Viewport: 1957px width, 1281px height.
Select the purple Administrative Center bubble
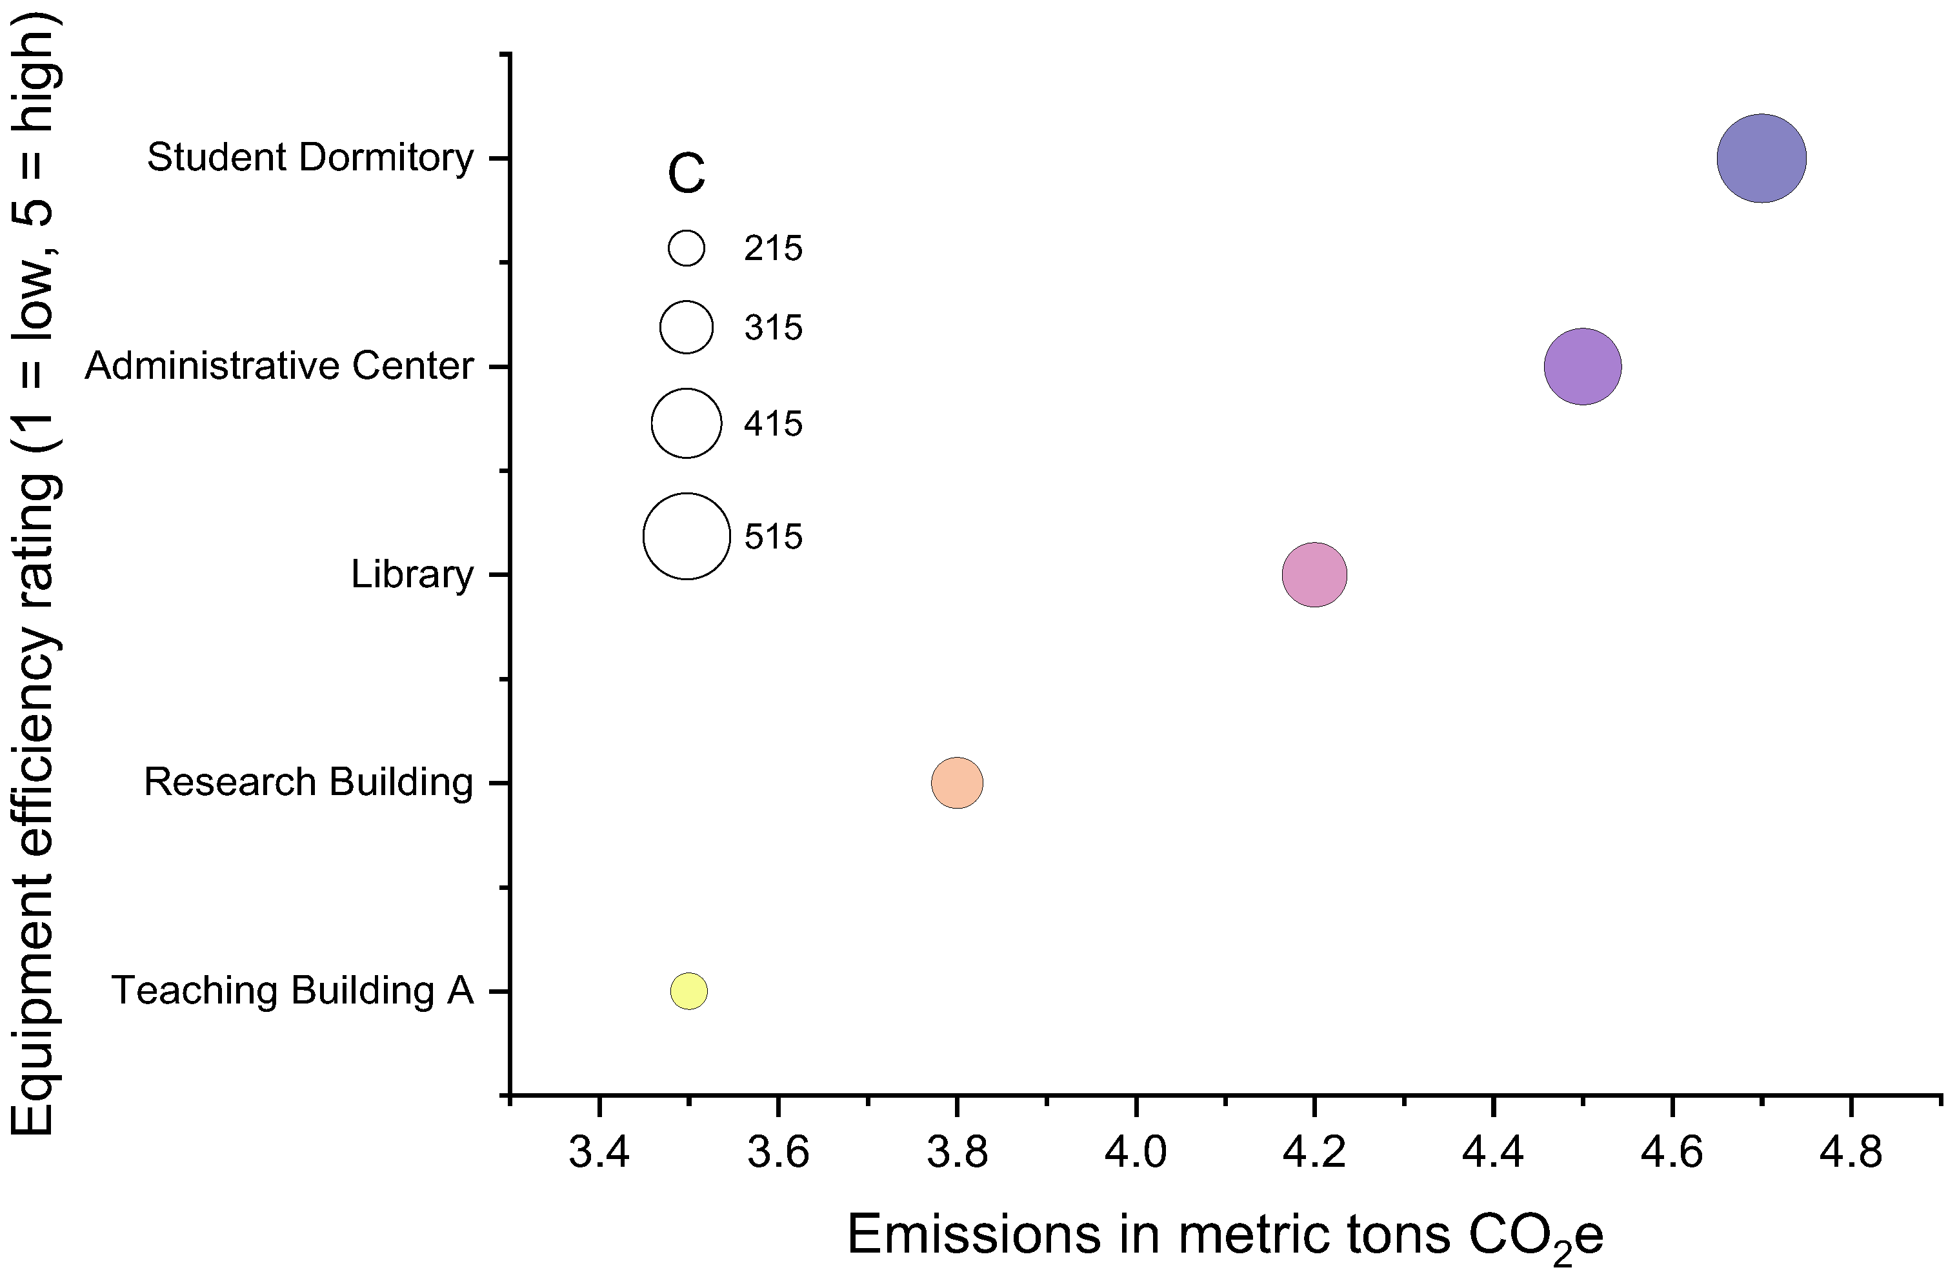click(x=1582, y=366)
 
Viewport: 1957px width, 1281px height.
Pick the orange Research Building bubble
click(x=956, y=782)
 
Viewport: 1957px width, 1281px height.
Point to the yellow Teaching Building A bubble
click(x=688, y=990)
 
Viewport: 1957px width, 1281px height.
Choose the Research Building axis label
click(x=308, y=782)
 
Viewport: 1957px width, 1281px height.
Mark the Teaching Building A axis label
click(x=293, y=990)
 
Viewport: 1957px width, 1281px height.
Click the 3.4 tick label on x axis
click(x=599, y=1153)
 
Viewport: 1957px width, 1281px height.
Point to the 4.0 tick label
click(x=1136, y=1153)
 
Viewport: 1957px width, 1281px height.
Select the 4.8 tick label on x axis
click(x=1850, y=1153)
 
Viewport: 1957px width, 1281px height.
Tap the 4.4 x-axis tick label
click(x=1492, y=1153)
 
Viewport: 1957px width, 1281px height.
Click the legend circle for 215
click(x=686, y=247)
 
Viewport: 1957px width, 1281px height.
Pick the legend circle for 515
click(x=686, y=536)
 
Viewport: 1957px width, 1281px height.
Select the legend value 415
click(x=773, y=423)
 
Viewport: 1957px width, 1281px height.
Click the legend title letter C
click(x=686, y=174)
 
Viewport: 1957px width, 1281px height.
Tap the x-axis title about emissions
click(x=1225, y=1236)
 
